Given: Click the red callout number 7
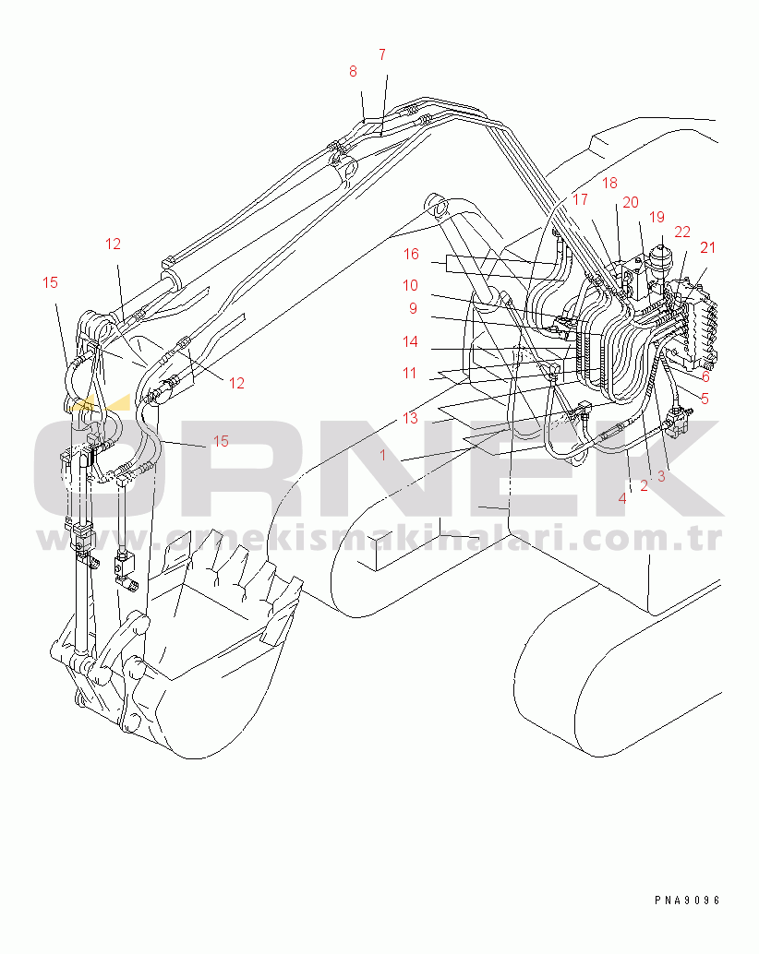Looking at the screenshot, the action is coord(382,54).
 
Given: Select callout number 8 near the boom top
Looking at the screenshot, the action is coord(353,72).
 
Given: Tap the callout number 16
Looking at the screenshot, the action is coord(412,254).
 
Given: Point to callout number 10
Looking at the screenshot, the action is coord(411,285).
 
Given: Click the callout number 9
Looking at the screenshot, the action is coord(414,308).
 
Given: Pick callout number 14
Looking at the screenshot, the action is coord(411,341).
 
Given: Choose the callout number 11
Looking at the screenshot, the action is coord(410,373).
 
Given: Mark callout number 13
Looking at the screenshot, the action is coord(411,418).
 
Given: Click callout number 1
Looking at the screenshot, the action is coord(383,455).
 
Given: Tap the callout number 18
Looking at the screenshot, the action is coord(610,183).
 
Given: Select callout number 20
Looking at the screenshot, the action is coord(631,202).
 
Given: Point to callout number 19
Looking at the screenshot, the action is coord(657,217).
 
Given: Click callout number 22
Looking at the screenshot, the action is coord(682,232).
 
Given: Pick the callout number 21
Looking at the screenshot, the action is coord(708,247).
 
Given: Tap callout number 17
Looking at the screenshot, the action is coord(580,199).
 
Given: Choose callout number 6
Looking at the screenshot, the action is coord(706,376).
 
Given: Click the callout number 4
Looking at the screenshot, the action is coord(622,499).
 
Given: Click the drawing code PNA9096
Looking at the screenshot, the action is coord(688,900).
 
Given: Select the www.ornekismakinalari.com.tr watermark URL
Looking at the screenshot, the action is coord(379,539).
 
